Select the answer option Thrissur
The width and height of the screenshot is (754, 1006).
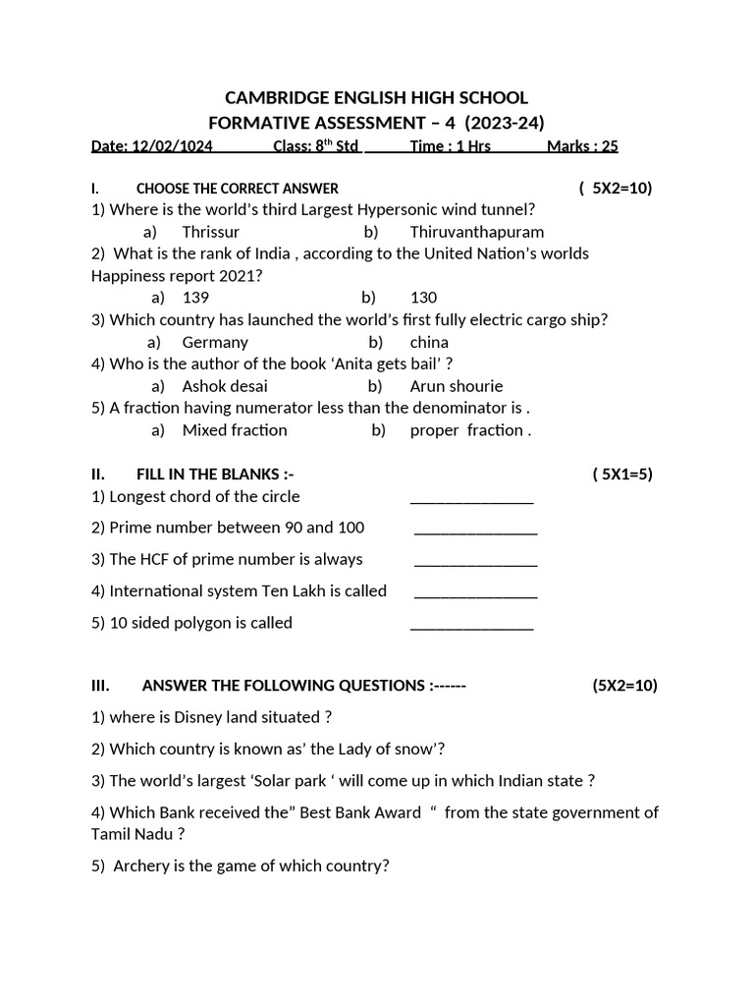[x=210, y=232]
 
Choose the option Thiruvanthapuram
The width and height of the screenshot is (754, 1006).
[x=476, y=232]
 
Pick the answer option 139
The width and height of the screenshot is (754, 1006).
[x=195, y=297]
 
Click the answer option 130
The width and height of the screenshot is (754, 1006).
[x=423, y=297]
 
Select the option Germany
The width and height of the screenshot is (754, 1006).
[x=215, y=342]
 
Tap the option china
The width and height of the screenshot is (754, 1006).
[x=429, y=342]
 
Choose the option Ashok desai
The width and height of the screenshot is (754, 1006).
[x=225, y=386]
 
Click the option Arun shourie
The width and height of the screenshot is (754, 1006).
[x=456, y=386]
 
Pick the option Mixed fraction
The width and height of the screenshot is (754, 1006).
[x=235, y=430]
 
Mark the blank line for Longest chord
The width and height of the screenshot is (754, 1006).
[x=471, y=500]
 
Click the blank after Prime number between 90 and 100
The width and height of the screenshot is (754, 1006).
[x=476, y=531]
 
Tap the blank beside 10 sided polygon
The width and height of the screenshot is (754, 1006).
[x=471, y=626]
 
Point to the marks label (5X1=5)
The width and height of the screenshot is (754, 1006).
[x=622, y=475]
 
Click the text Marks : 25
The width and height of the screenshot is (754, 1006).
[x=582, y=146]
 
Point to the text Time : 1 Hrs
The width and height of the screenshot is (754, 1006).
[x=450, y=146]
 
